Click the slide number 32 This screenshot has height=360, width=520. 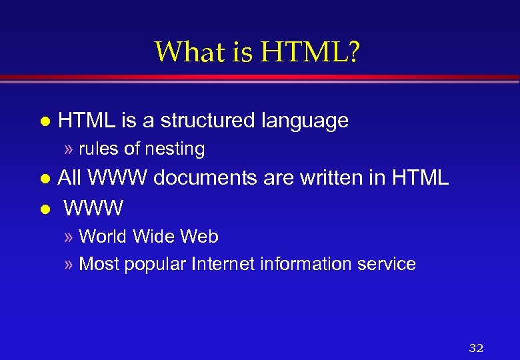[476, 347]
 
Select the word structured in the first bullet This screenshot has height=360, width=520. [208, 121]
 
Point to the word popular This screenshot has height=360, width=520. [153, 265]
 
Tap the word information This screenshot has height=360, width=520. [306, 264]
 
